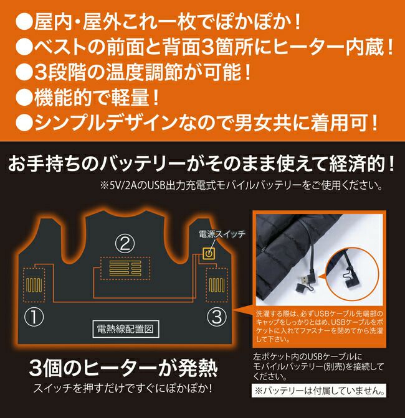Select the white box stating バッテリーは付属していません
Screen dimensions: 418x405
pos(318,391)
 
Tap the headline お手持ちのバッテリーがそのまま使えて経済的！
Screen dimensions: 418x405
pos(202,165)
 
